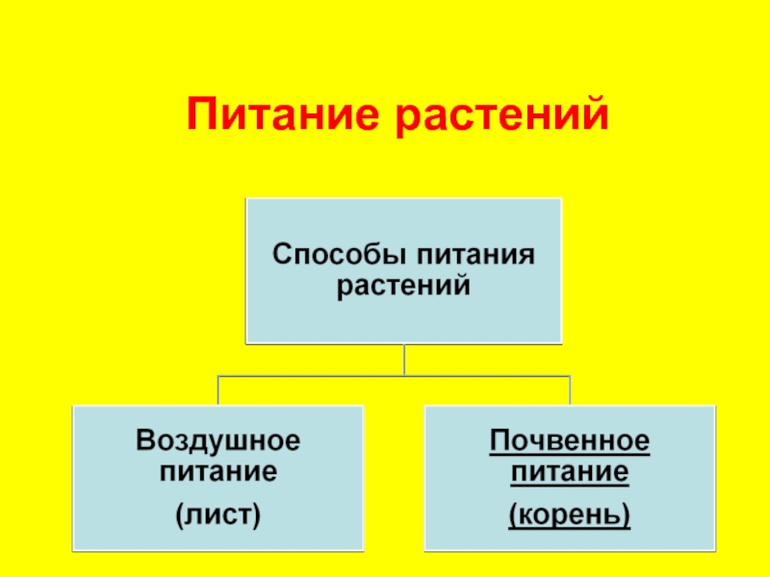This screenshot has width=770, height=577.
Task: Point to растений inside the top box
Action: [x=403, y=286]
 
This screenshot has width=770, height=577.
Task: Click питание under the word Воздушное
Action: [x=218, y=472]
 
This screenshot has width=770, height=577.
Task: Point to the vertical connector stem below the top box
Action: [x=404, y=359]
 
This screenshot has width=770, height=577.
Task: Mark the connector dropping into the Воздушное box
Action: [x=218, y=390]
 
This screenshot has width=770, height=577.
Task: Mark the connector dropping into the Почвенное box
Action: [x=570, y=390]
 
